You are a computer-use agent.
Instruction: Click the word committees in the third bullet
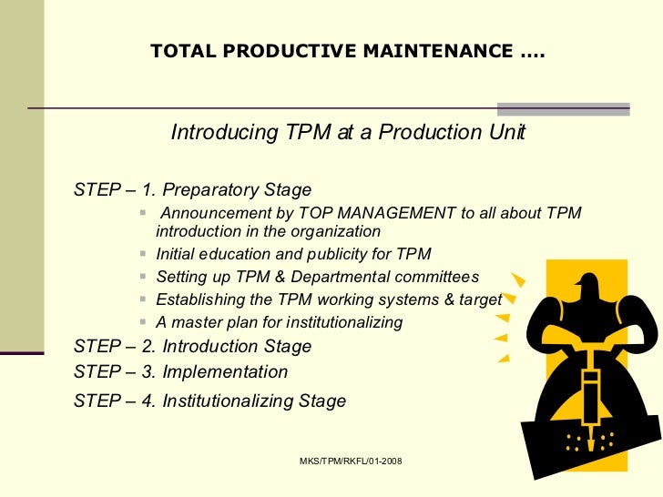point(433,277)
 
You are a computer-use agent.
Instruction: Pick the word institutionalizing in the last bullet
point(344,322)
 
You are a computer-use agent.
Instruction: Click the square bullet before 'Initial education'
point(147,254)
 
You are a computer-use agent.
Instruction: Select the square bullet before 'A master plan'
point(147,322)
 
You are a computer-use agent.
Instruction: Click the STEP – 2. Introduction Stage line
point(192,347)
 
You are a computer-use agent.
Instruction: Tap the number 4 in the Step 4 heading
point(148,401)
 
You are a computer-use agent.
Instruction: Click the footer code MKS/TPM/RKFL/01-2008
point(351,462)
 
